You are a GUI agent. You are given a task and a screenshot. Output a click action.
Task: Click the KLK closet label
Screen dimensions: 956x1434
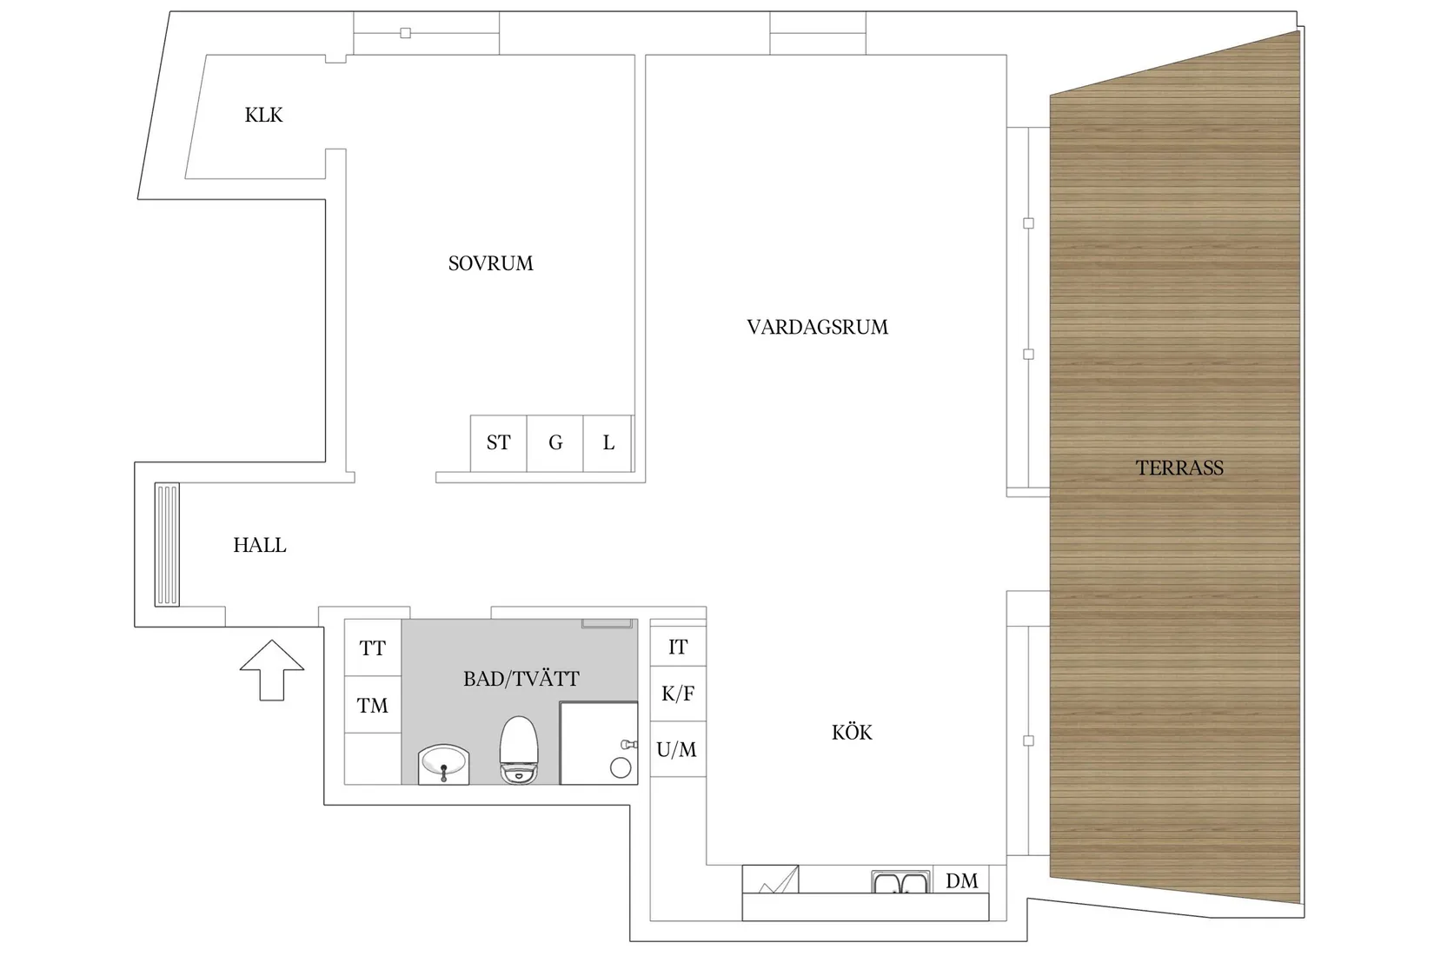263,115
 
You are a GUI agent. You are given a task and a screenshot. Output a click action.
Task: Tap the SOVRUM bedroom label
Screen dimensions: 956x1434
490,263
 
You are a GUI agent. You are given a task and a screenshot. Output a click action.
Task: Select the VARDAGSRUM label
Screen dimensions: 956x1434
817,327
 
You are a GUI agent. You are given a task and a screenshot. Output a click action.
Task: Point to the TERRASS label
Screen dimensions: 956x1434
1179,468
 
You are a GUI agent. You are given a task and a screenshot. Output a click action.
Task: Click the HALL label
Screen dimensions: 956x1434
259,545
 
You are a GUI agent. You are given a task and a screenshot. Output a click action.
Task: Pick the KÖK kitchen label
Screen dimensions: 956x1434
852,733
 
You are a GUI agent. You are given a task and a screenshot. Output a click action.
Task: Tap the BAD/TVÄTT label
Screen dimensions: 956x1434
521,679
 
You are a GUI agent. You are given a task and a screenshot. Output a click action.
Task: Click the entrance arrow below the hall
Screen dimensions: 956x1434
272,669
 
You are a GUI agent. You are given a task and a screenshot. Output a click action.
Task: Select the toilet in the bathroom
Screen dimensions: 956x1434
519,749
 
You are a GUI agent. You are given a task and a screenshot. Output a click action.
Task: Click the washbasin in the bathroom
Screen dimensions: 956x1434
444,763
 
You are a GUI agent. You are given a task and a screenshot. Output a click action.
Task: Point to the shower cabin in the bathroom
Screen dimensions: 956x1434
599,743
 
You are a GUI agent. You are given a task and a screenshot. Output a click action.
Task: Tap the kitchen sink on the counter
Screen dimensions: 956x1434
900,883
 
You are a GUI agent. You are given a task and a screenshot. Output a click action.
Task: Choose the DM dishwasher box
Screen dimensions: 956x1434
961,880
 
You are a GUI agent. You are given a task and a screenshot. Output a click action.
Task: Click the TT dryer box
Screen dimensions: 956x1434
373,647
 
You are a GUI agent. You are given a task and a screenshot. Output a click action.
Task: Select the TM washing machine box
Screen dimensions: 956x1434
373,706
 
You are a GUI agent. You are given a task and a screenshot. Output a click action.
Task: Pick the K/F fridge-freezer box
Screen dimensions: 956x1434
678,694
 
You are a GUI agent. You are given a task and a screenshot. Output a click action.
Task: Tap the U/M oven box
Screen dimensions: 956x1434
677,749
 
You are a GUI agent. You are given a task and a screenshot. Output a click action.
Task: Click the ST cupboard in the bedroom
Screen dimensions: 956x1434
498,443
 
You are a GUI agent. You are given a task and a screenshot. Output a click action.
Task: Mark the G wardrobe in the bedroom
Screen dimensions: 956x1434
555,443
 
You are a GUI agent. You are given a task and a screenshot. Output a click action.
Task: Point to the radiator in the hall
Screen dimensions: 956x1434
167,544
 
